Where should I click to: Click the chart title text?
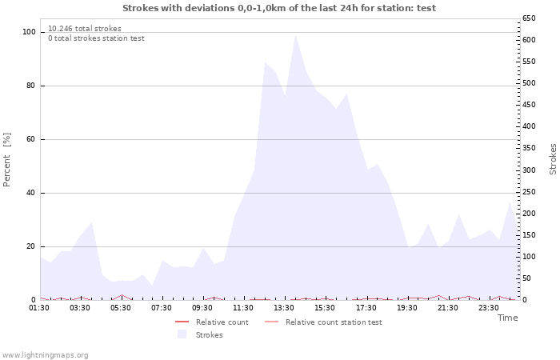279,8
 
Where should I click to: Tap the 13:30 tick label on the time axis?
284,308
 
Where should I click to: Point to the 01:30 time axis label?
39,308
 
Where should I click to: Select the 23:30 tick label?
488,308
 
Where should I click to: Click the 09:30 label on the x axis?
202,308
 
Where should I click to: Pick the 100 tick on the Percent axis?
29,32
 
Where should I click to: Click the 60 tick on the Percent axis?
30,139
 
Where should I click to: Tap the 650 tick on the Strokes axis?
529,18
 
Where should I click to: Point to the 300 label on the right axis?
529,170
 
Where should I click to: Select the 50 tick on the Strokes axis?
526,278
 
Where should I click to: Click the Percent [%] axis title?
6,160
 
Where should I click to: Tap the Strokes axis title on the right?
553,159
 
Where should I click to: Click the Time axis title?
508,318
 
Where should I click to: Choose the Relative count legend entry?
212,322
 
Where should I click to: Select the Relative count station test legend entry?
323,322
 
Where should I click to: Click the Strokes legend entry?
200,334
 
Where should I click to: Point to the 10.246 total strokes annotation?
85,29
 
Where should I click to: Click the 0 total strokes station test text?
97,38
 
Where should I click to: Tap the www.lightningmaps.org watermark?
45,355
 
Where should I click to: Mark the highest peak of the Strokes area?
295,34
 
